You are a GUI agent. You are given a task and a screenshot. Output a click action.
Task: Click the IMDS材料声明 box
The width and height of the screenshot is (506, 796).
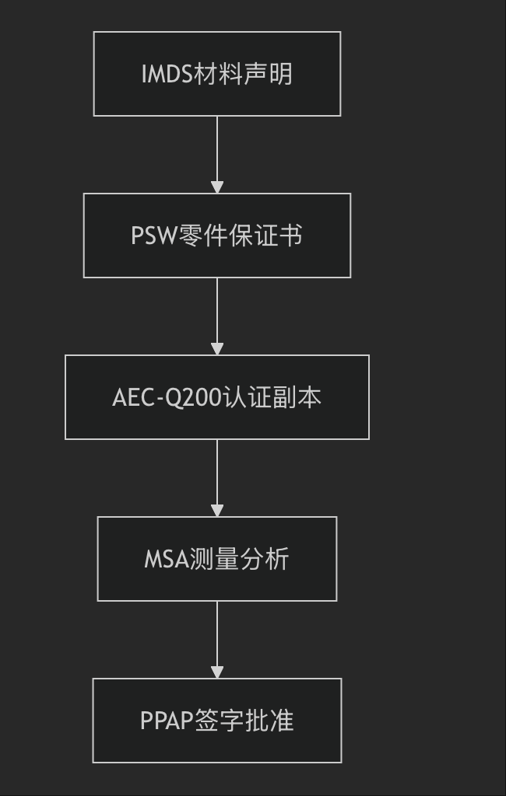(216, 74)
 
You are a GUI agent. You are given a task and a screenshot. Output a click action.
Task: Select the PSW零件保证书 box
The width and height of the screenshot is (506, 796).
(216, 236)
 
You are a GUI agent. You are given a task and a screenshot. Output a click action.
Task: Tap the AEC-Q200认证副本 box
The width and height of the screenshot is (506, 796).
(216, 397)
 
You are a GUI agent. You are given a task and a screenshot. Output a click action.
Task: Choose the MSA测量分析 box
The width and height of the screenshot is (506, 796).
(216, 559)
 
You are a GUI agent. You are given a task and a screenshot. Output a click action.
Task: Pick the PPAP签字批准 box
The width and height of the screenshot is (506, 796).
(216, 721)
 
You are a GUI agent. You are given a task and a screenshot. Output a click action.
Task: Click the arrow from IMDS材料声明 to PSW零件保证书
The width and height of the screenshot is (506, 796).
(217, 152)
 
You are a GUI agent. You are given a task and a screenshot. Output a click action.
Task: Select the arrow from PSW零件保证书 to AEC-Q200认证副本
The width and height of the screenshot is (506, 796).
(217, 313)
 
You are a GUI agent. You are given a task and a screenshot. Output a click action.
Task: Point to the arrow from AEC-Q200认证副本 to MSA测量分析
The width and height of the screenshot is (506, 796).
(217, 475)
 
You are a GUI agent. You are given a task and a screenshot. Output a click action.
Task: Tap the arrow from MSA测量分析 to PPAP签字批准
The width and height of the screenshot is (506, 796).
(217, 637)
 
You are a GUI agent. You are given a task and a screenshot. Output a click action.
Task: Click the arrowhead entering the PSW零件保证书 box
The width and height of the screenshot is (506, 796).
(217, 187)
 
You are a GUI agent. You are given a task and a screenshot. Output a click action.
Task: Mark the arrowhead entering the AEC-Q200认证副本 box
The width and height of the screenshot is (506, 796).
(217, 349)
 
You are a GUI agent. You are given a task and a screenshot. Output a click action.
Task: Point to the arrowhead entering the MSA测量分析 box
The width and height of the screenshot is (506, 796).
(217, 511)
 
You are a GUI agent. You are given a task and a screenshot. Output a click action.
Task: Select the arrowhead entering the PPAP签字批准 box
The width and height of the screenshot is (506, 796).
(217, 672)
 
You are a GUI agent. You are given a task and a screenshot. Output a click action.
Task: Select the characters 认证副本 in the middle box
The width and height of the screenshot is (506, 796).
(272, 398)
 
